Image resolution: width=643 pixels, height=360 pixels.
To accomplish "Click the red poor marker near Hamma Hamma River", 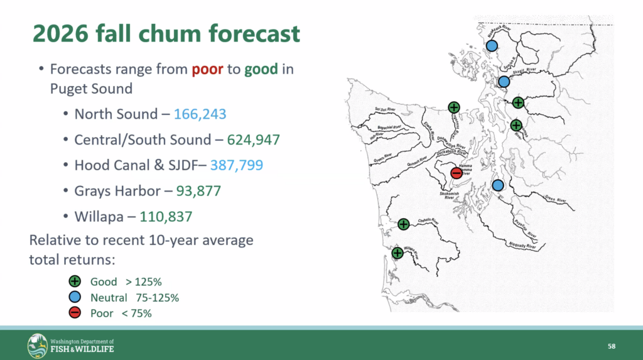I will tap(457, 172).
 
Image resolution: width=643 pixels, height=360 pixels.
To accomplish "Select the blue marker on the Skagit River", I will tap(504, 81).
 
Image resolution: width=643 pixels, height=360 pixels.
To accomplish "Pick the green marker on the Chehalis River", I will tap(404, 224).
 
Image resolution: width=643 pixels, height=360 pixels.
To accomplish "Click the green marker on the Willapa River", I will tap(397, 253).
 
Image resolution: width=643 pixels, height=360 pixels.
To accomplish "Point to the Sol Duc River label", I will tap(384, 109).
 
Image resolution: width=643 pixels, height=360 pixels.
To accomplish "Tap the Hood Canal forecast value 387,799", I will tap(237, 165).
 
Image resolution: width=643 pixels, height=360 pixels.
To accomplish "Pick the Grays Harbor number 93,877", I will tap(195, 190).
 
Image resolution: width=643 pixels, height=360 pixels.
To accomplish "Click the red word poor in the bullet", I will tap(208, 69).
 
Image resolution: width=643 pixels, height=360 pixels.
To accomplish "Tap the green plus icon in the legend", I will tap(74, 281).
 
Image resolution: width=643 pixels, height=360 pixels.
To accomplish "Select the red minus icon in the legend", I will tap(74, 313).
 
